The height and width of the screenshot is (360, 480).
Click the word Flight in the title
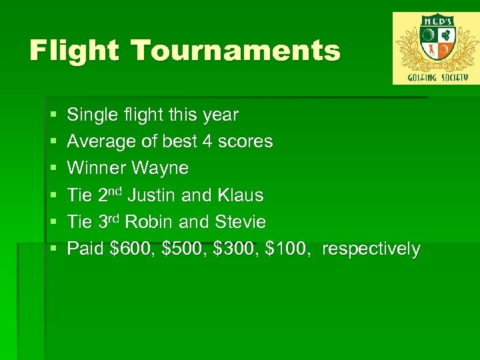pos(73,51)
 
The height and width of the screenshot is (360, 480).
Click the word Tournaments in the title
pos(235,51)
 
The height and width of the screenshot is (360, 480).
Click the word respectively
pos(371,249)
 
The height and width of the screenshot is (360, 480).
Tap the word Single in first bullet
pos(90,115)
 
